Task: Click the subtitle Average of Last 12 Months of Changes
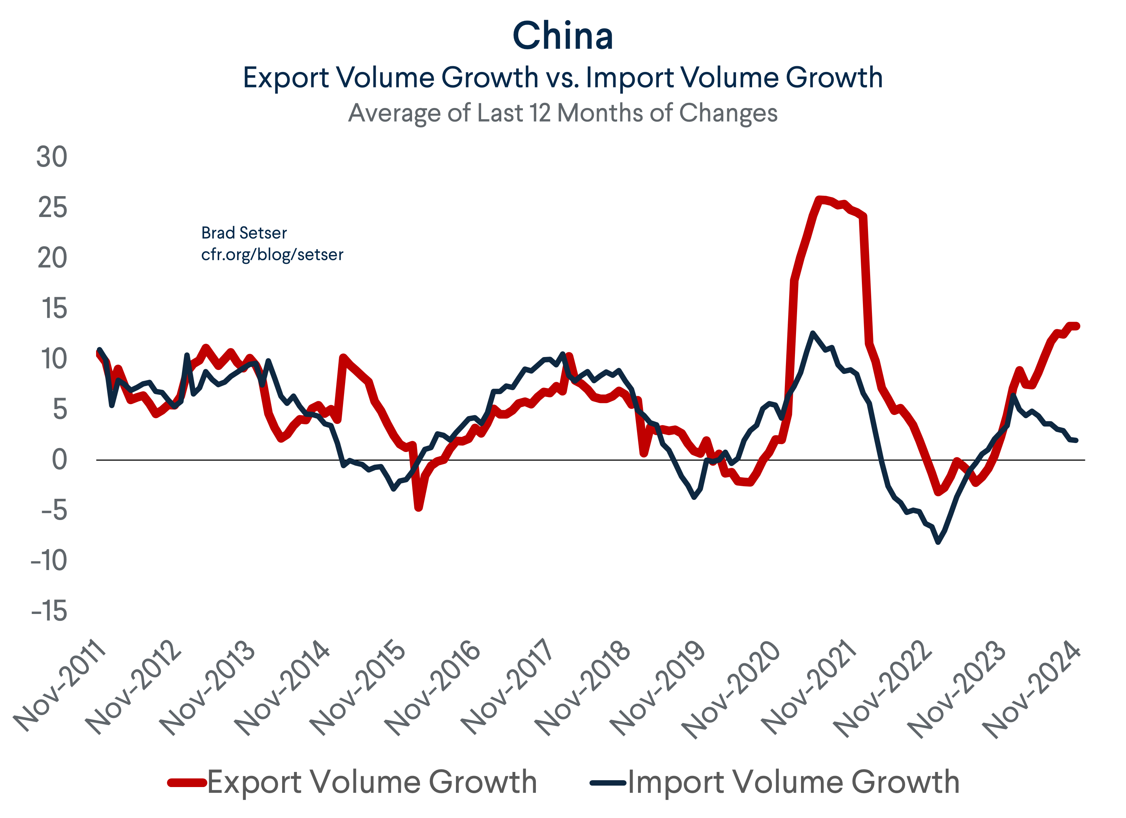562,113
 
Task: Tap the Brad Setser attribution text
244,233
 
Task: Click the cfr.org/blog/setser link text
272,255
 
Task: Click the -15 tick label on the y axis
49,611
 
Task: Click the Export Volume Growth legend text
372,783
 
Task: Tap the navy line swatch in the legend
608,783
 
